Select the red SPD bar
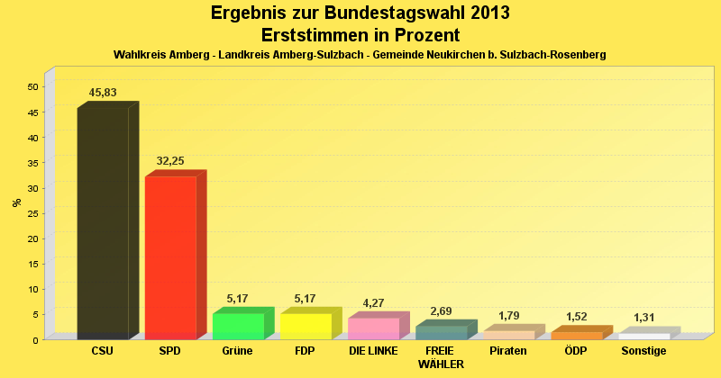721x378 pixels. click(x=170, y=257)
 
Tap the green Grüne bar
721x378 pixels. click(x=238, y=326)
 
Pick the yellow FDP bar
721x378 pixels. click(x=306, y=326)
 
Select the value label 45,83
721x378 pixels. click(x=103, y=93)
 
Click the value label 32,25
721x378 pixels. click(x=170, y=161)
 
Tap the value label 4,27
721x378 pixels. click(x=373, y=302)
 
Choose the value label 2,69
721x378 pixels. click(x=441, y=311)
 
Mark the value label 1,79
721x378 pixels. click(x=508, y=315)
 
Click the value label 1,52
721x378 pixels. click(x=577, y=317)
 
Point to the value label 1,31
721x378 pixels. click(x=644, y=318)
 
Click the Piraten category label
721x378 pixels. click(x=507, y=351)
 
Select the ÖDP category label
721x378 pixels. click(x=576, y=351)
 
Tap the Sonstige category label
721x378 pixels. click(x=643, y=351)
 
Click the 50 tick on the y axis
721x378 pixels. click(x=32, y=87)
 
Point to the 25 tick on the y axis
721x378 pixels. click(x=32, y=213)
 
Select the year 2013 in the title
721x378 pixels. click(x=488, y=13)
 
